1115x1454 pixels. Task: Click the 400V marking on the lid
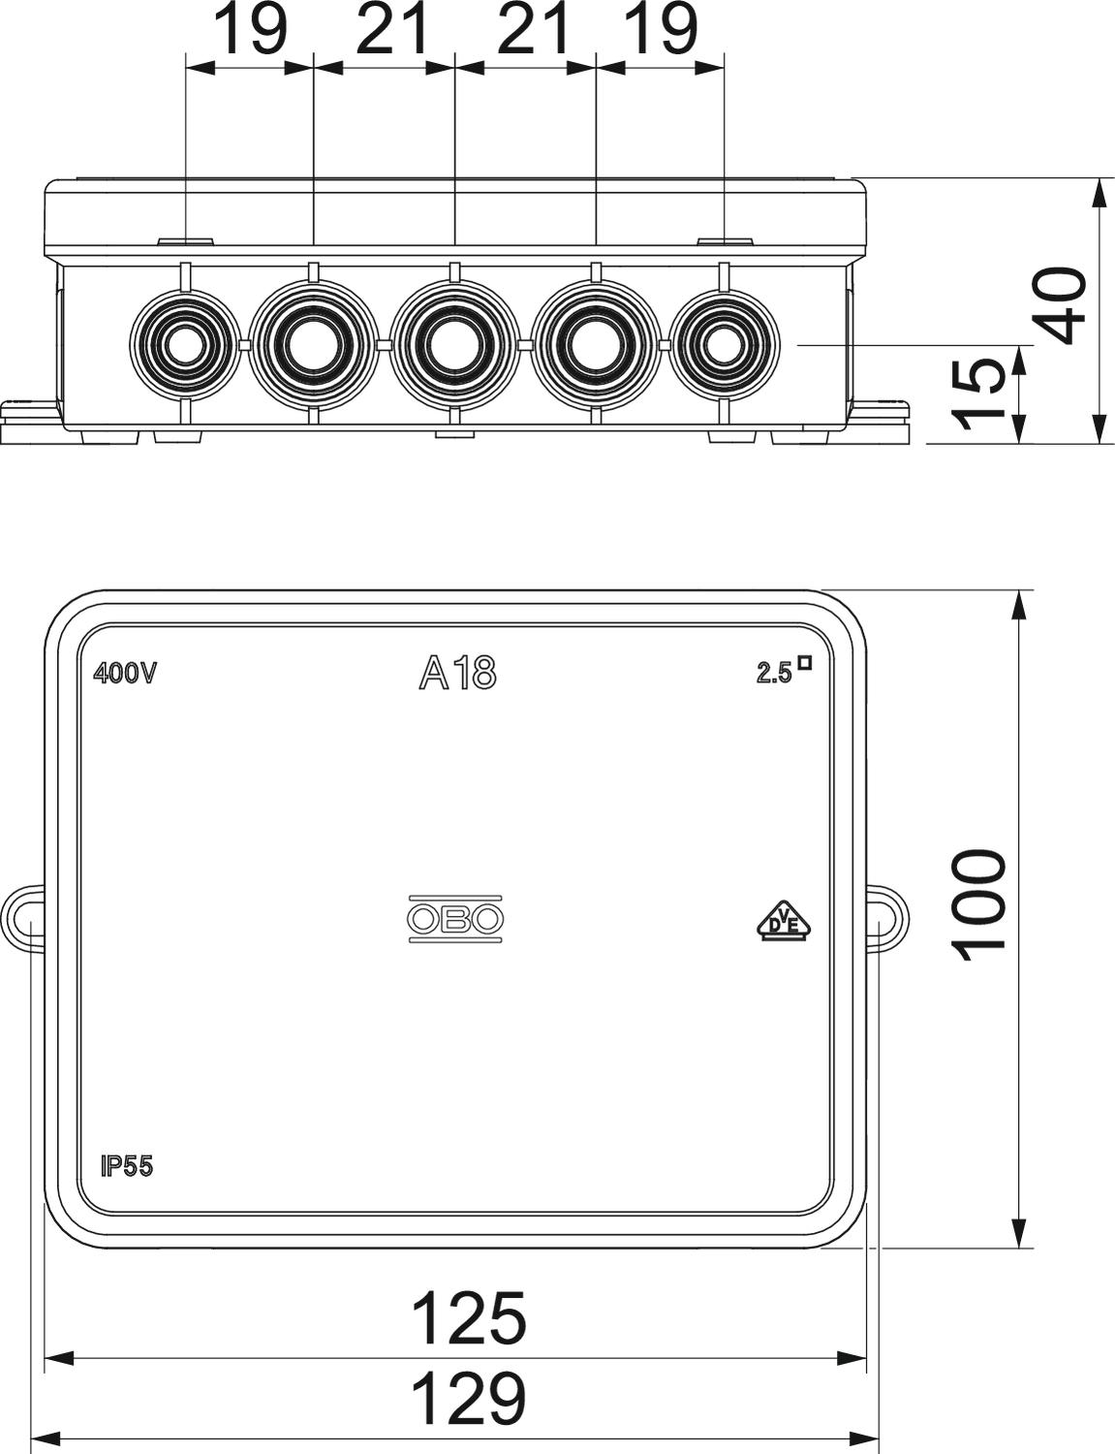tap(124, 674)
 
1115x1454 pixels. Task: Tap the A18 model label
tap(457, 674)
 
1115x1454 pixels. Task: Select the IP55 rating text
tap(127, 1166)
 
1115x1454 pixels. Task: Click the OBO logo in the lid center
tap(456, 919)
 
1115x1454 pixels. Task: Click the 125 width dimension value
tap(469, 1317)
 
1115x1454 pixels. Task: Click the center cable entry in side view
tap(453, 344)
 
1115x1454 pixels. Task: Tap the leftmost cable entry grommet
tap(183, 344)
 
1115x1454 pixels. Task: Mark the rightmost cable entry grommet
tap(724, 344)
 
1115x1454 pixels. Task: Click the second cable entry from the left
tap(312, 344)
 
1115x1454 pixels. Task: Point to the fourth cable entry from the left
tap(595, 344)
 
